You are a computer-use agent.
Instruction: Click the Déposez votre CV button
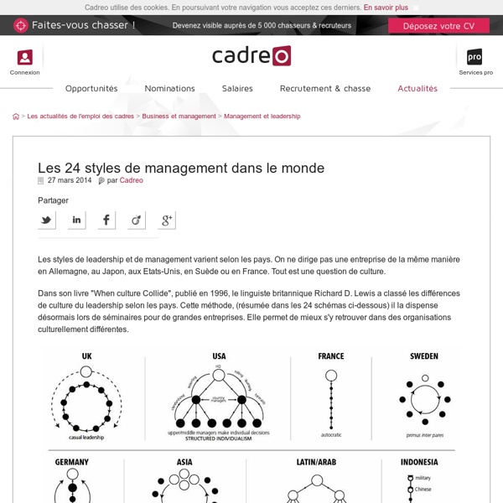pyautogui.click(x=438, y=25)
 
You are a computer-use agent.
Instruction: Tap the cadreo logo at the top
pyautogui.click(x=251, y=56)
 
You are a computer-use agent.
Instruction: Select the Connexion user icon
pyautogui.click(x=24, y=57)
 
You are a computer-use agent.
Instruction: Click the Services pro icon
pyautogui.click(x=474, y=57)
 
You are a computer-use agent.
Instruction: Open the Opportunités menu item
pyautogui.click(x=91, y=88)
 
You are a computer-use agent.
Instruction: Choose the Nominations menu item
pyautogui.click(x=169, y=88)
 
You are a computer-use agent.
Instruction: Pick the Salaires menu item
pyautogui.click(x=237, y=88)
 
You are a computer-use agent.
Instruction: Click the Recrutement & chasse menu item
pyautogui.click(x=325, y=88)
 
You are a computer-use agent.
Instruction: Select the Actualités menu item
pyautogui.click(x=417, y=88)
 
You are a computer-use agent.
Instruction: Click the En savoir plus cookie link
pyautogui.click(x=386, y=7)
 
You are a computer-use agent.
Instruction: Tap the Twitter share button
pyautogui.click(x=47, y=220)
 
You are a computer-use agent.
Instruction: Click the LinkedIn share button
pyautogui.click(x=76, y=220)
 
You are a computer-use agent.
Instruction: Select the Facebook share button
pyautogui.click(x=106, y=220)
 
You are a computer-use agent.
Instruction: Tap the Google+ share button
pyautogui.click(x=166, y=220)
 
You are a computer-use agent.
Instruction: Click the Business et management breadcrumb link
pyautogui.click(x=179, y=117)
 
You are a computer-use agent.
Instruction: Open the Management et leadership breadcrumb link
pyautogui.click(x=262, y=117)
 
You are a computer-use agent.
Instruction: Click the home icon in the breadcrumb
pyautogui.click(x=16, y=117)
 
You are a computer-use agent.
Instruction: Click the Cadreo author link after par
pyautogui.click(x=132, y=180)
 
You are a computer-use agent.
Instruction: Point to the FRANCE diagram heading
pyautogui.click(x=330, y=356)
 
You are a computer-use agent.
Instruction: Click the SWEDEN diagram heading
pyautogui.click(x=423, y=356)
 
